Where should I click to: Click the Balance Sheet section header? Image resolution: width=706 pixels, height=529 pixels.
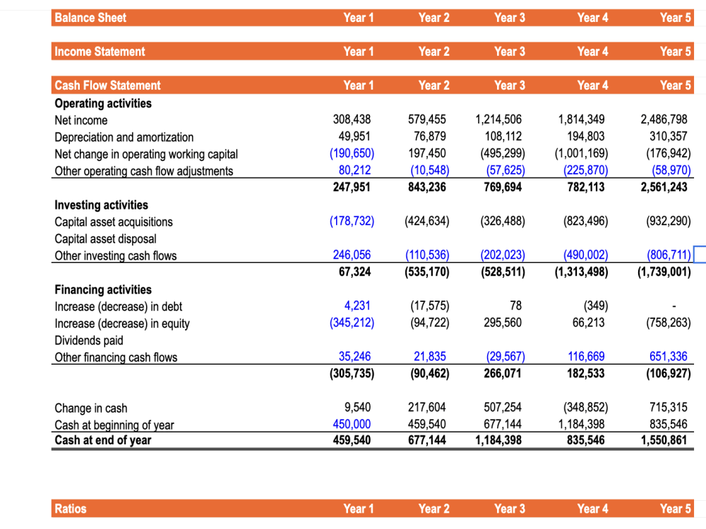90,18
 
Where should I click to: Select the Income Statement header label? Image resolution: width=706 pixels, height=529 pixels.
100,51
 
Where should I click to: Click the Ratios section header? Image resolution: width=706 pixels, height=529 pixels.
71,509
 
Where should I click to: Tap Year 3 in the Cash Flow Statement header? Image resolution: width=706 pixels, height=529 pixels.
509,85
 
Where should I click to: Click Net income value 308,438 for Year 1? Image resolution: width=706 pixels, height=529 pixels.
352,120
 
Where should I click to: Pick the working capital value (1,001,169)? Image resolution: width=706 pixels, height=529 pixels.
582,154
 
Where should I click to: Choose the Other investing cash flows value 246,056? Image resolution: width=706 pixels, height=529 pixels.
352,255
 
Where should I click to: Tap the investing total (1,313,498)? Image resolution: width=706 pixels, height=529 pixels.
580,272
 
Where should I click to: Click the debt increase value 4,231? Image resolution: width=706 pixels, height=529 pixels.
357,306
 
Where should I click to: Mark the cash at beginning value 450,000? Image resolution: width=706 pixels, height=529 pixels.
352,424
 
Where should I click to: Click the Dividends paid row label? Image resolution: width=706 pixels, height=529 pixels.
89,340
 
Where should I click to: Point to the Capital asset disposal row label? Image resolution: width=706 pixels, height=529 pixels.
105,238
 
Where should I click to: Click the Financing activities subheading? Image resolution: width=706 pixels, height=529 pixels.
103,289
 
